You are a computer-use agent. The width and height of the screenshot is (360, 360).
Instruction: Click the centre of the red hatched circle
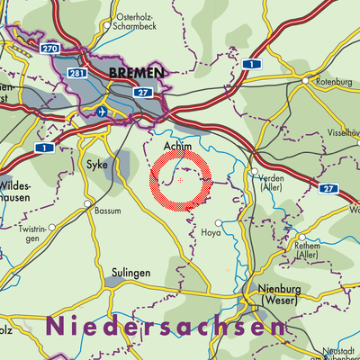click(181, 180)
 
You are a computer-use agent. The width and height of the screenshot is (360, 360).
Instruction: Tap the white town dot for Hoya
click(218, 236)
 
